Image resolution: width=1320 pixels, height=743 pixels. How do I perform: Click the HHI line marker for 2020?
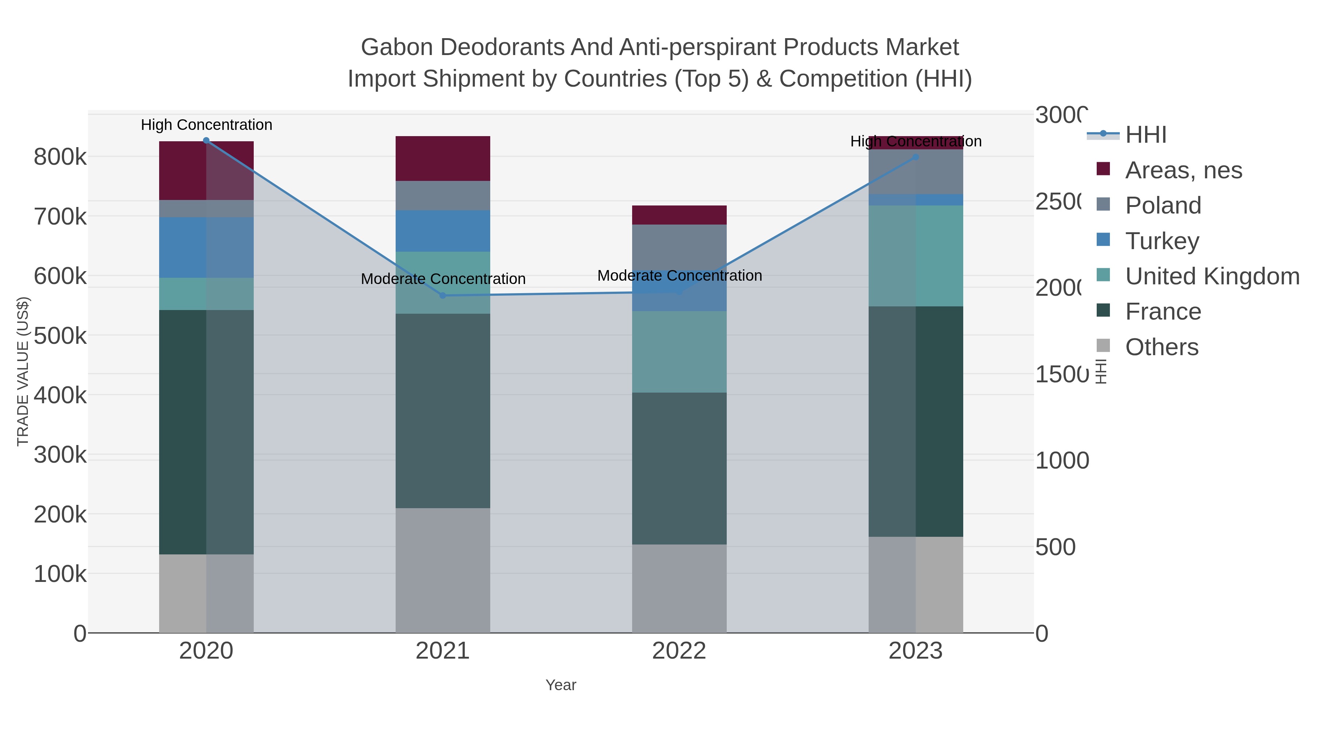206,141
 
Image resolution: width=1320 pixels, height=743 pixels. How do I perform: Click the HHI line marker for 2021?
443,295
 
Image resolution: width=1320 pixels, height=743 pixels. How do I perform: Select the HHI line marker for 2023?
916,157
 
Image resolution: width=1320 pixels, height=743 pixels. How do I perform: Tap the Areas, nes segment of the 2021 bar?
443,159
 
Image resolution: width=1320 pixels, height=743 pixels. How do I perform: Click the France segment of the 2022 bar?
679,468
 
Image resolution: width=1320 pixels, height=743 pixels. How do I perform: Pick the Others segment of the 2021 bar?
443,570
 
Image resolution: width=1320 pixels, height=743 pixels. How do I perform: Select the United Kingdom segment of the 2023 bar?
916,256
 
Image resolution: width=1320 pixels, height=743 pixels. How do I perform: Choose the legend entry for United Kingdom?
1212,276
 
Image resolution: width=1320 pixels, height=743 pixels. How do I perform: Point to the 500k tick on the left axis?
60,336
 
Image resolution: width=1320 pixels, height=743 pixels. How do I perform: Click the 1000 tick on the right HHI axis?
1062,460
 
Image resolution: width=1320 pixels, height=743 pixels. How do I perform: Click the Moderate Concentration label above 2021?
443,279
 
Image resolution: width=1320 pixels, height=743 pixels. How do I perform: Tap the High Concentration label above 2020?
206,125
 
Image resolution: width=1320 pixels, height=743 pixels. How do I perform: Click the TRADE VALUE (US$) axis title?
23,371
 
